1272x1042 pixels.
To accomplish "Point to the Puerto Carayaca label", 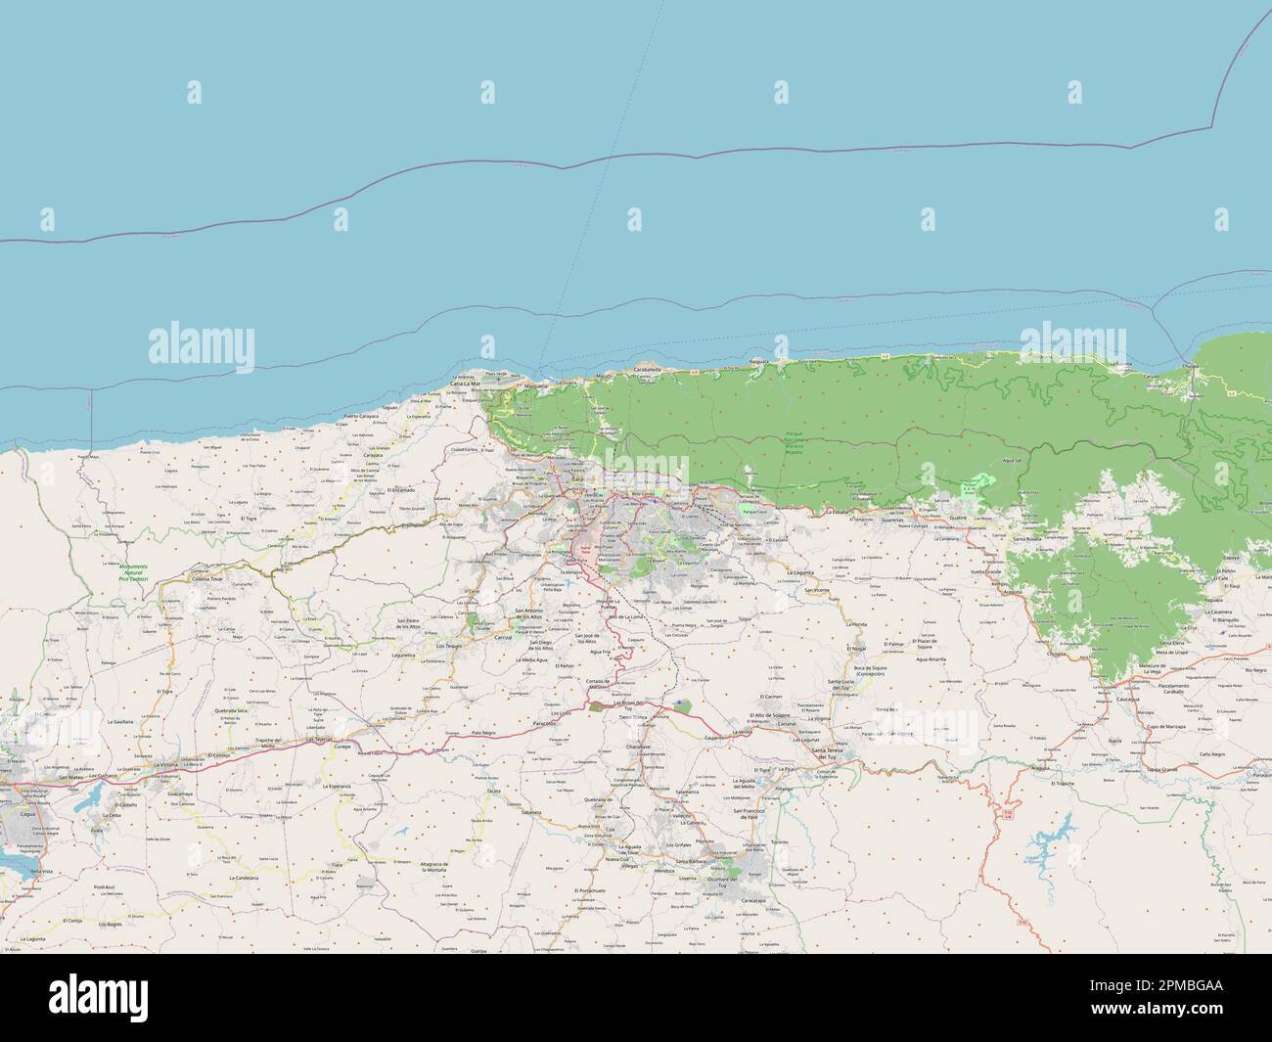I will pyautogui.click(x=360, y=417).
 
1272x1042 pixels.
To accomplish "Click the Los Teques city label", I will pyautogui.click(x=449, y=646).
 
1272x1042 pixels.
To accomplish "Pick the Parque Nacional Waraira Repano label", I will pyautogui.click(x=795, y=445).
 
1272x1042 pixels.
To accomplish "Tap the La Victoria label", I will pyautogui.click(x=138, y=763).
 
